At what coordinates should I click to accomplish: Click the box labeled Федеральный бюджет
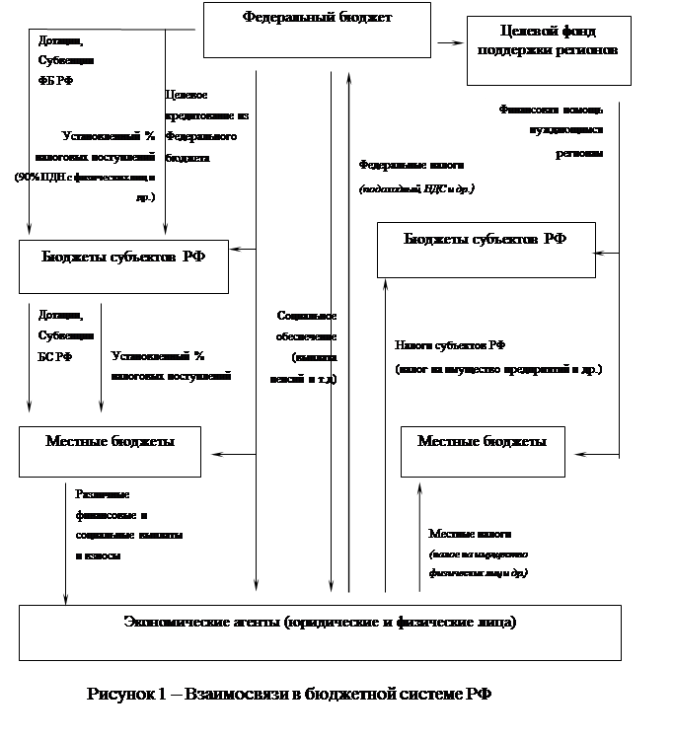[x=317, y=29]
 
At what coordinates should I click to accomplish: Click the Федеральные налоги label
[x=416, y=177]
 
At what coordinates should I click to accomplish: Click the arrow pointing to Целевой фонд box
[x=450, y=42]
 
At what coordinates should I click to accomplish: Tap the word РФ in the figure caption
[x=478, y=694]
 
